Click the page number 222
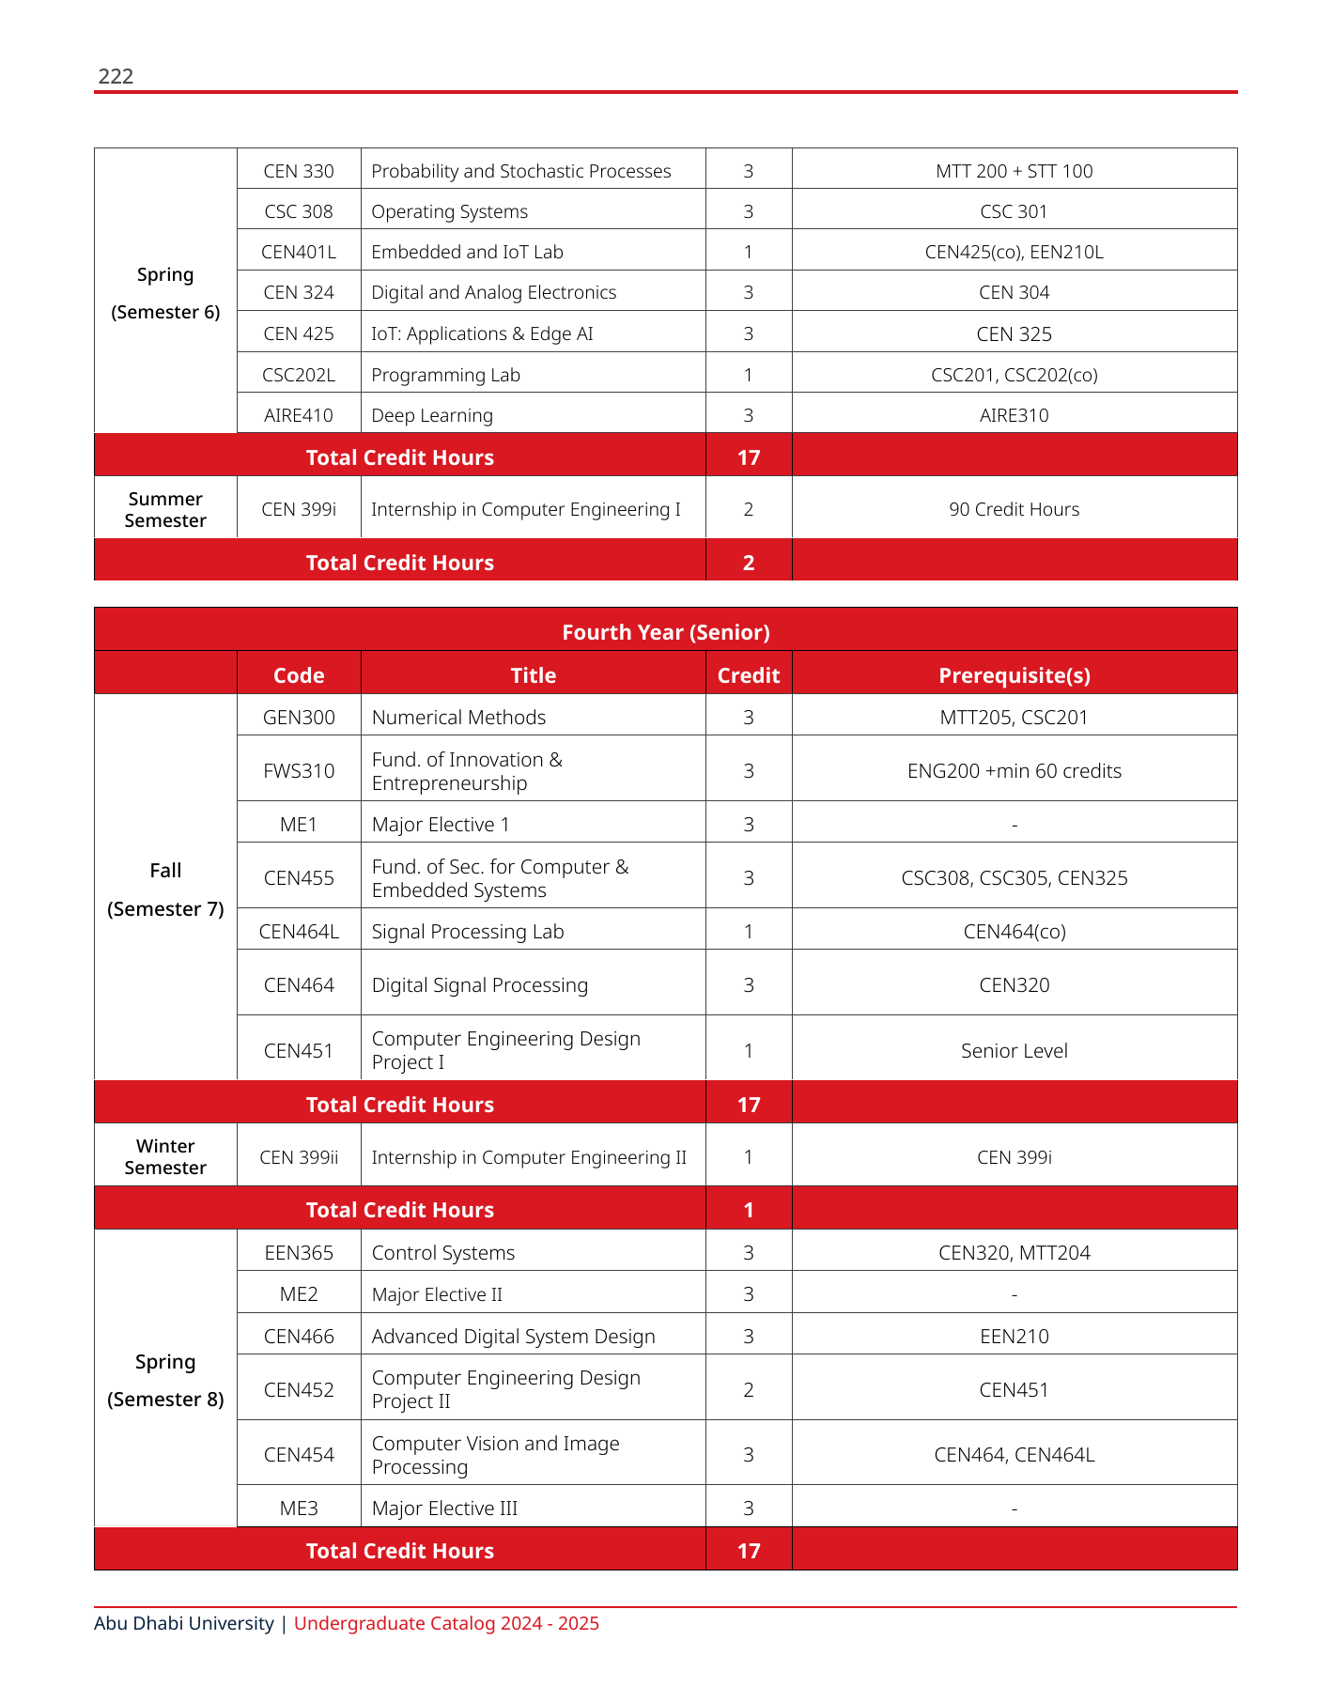[x=116, y=76]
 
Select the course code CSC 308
[x=299, y=211]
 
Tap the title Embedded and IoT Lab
[x=467, y=252]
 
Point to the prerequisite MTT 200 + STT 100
[x=1014, y=171]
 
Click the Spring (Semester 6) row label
[x=165, y=293]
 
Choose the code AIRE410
[x=299, y=415]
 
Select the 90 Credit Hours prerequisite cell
[x=1014, y=509]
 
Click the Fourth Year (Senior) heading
[x=665, y=632]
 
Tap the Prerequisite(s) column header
[x=1014, y=675]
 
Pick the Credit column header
[x=748, y=675]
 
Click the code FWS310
[x=299, y=771]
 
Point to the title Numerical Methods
[x=458, y=718]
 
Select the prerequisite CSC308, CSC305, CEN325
[x=1014, y=878]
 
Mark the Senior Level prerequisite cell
[x=1014, y=1051]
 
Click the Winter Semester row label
[x=165, y=1156]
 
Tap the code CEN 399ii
[x=299, y=1157]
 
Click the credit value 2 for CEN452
[x=748, y=1390]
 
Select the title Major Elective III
[x=444, y=1509]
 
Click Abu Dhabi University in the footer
[x=184, y=1623]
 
